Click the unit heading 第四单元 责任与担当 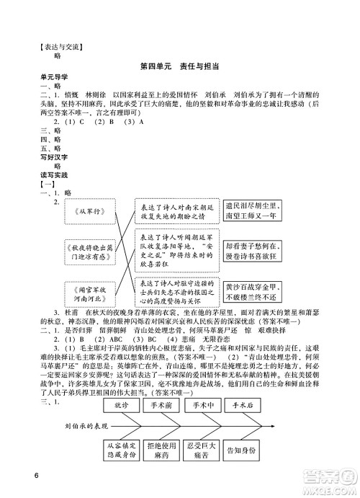[180, 65]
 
